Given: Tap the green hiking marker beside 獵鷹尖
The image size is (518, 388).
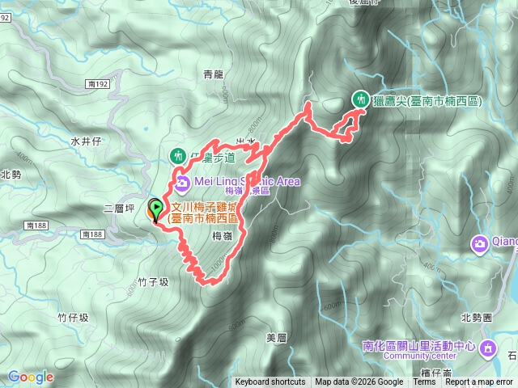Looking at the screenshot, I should [x=359, y=99].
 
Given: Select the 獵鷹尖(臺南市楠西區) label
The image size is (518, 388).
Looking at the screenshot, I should [x=427, y=101].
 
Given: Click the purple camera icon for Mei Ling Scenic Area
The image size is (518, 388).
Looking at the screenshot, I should [x=182, y=183].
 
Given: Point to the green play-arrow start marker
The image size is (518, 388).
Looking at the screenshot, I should [x=155, y=209].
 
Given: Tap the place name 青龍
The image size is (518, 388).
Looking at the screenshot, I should [x=213, y=74].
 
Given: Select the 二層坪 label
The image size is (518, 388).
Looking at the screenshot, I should [x=118, y=208].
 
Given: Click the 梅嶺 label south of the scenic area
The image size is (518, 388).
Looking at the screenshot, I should [x=223, y=236].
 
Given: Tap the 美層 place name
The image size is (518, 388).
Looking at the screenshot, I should [x=276, y=337].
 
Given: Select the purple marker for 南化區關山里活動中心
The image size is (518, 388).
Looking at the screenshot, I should [x=488, y=348].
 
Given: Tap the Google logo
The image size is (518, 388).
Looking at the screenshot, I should [x=31, y=377].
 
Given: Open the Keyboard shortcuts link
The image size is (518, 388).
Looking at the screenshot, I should [x=270, y=382].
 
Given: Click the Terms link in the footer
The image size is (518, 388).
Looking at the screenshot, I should [x=423, y=382].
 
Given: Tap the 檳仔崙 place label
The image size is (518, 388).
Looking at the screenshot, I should [x=438, y=373].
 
